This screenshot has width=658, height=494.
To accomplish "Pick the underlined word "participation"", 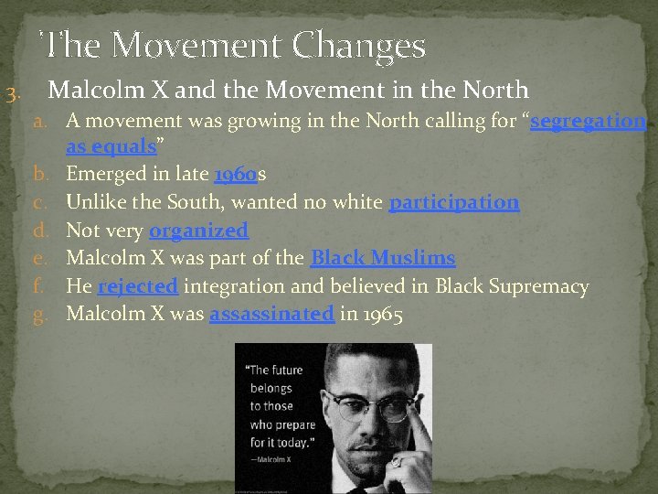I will click(454, 203).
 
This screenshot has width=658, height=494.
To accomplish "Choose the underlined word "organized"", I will click(198, 231).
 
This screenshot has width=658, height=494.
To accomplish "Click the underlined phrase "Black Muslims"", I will click(383, 259).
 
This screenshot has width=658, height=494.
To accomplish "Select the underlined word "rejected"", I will click(138, 287).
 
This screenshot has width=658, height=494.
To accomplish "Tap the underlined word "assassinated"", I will click(271, 315).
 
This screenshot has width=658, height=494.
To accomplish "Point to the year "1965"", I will click(382, 315).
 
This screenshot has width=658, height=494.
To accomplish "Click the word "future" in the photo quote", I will click(291, 370).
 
